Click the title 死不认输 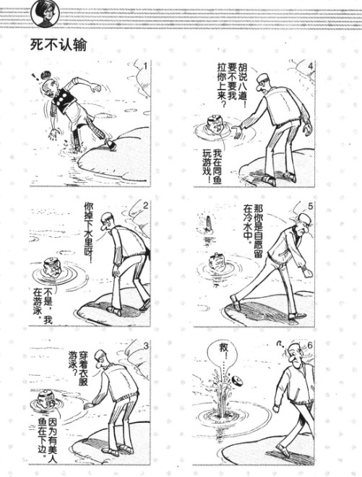58,45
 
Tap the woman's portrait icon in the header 45,14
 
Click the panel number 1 145,66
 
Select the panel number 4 310,66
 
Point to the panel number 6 310,345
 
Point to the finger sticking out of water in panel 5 208,223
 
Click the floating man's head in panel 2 52,267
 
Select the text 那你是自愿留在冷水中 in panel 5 253,231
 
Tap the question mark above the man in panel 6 279,344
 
